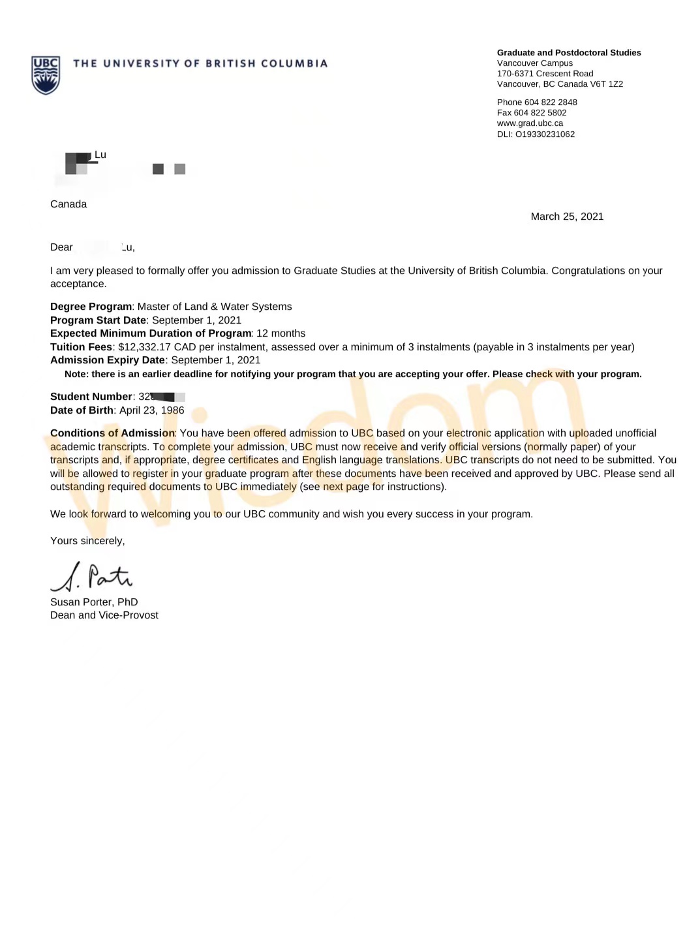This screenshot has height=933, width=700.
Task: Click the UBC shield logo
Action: (x=46, y=74)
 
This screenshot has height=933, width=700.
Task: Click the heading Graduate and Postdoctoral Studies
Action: (x=568, y=53)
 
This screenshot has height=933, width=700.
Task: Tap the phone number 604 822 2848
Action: (x=551, y=102)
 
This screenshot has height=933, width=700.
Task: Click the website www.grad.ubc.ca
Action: (x=530, y=123)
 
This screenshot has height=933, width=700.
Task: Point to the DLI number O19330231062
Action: (x=545, y=134)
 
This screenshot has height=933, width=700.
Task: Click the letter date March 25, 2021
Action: (x=567, y=217)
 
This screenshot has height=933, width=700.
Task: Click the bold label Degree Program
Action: (x=91, y=307)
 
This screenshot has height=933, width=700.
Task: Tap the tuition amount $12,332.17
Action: (x=144, y=347)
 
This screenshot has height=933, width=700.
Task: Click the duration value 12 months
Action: (x=281, y=333)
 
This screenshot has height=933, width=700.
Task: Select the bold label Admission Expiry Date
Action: (x=107, y=360)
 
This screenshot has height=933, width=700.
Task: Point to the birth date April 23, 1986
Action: (x=151, y=410)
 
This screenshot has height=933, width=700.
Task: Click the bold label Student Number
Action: (x=91, y=397)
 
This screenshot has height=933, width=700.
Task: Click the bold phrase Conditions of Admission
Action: (x=112, y=433)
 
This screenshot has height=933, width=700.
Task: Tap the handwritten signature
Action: (x=91, y=577)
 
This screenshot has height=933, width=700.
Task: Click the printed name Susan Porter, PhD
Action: (x=94, y=602)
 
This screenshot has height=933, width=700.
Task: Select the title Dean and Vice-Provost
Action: (x=104, y=615)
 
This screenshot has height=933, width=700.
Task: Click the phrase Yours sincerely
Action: (x=87, y=541)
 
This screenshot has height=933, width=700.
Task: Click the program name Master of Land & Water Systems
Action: (x=215, y=307)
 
